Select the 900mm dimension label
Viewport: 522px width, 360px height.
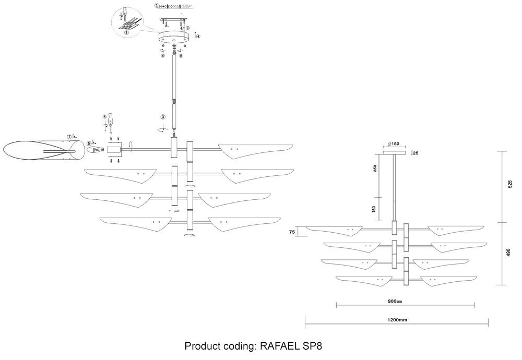click(395, 302)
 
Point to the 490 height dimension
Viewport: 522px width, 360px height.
click(510, 253)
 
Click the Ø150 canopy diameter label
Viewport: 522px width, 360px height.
click(394, 145)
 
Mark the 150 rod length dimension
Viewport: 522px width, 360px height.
click(374, 209)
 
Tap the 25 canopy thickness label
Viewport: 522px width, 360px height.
click(416, 153)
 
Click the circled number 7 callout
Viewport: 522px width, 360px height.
click(69, 136)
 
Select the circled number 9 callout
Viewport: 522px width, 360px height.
click(89, 142)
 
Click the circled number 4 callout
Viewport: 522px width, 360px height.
click(197, 36)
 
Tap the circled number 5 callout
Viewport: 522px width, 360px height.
click(162, 55)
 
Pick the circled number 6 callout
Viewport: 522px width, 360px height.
click(181, 55)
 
